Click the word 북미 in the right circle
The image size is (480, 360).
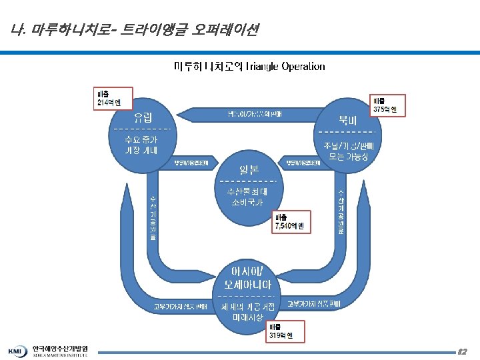tap(347, 120)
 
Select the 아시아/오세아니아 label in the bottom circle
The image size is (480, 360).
tap(246, 279)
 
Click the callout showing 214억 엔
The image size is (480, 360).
tap(108, 98)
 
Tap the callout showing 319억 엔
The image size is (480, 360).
tap(285, 331)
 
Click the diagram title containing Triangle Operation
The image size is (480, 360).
tap(249, 67)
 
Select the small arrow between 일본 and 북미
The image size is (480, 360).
tap(301, 163)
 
